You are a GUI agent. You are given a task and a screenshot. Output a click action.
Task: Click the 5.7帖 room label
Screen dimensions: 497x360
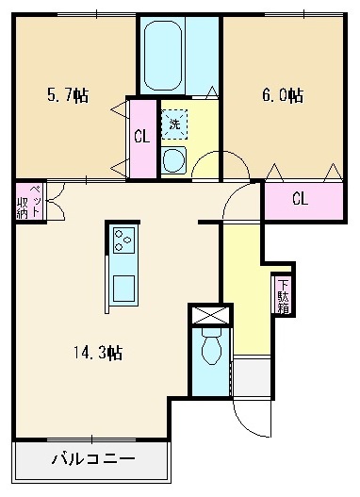pos(68,95)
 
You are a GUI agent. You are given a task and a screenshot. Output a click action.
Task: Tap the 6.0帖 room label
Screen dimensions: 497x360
pos(281,95)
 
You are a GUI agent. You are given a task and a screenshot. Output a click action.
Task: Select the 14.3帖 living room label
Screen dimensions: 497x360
pos(99,354)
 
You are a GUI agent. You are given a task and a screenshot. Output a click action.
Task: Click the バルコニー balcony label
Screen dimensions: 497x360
pos(92,460)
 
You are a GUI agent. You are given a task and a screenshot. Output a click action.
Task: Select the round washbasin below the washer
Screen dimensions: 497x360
pos(174,160)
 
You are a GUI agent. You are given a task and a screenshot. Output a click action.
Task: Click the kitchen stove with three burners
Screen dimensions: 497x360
pos(124,240)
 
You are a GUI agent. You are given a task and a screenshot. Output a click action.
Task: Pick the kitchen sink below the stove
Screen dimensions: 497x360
pos(124,285)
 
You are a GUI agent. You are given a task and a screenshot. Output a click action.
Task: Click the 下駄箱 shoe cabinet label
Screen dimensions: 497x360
pos(283,295)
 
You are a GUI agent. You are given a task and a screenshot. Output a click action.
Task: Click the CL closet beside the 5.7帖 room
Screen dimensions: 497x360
pos(142,138)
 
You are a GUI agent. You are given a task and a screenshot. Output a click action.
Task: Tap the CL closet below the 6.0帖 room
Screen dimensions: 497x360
pos(301,199)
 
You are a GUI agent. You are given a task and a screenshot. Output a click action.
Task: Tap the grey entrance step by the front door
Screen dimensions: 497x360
pos(249,376)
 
